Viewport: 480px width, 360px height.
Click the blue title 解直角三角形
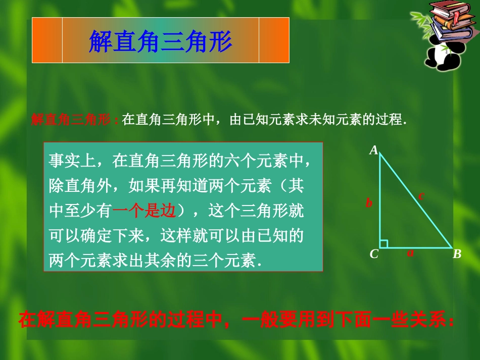[x=160, y=42]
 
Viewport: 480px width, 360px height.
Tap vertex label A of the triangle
[x=374, y=150]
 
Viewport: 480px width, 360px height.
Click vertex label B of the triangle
[x=457, y=254]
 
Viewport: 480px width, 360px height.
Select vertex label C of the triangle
[x=374, y=254]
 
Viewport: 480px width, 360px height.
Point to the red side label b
[x=369, y=203]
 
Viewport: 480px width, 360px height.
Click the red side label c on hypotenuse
[x=421, y=195]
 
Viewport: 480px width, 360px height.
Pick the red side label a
[x=410, y=253]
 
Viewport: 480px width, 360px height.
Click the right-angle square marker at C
[x=383, y=244]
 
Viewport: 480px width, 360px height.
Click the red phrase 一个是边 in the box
[x=143, y=212]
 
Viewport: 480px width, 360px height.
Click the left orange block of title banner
[x=47, y=40]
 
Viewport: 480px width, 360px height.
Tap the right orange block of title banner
[x=274, y=40]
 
